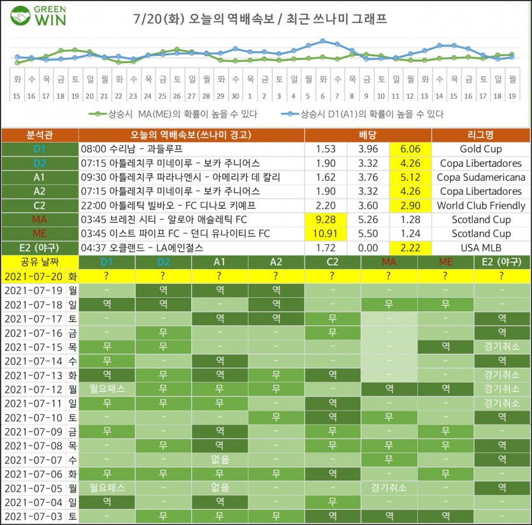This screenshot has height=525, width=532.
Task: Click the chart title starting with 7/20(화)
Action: coord(261,19)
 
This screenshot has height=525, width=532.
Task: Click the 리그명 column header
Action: coord(481,136)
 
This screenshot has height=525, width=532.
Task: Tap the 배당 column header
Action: coord(368,136)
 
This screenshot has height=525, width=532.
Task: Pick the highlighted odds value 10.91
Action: coord(326,234)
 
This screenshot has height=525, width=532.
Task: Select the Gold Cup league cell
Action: coord(481,149)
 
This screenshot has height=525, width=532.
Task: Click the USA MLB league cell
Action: coord(481,248)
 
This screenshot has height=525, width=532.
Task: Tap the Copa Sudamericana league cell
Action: coord(481,177)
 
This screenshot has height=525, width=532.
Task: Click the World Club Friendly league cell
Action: coord(481,206)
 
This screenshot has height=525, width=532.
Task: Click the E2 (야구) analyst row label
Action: coord(40,248)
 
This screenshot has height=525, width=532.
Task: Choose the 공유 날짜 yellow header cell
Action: coord(40,262)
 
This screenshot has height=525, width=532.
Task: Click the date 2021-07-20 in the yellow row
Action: coord(34,276)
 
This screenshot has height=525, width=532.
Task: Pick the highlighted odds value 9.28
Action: coord(326,220)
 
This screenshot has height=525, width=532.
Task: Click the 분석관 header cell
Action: coord(40,136)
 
